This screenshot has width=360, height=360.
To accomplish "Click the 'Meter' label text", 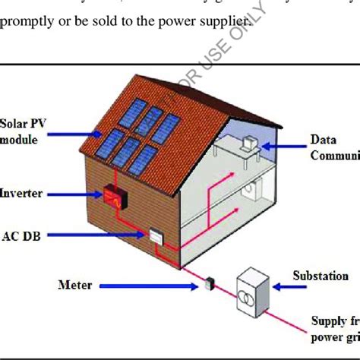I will pos(75,286).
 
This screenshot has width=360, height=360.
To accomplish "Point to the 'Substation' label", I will pos(321,276).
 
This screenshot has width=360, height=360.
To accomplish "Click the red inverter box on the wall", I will pos(115,197).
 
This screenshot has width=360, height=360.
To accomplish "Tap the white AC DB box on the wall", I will pos(156,238).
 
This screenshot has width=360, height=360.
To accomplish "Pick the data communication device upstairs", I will pos(248,145).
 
